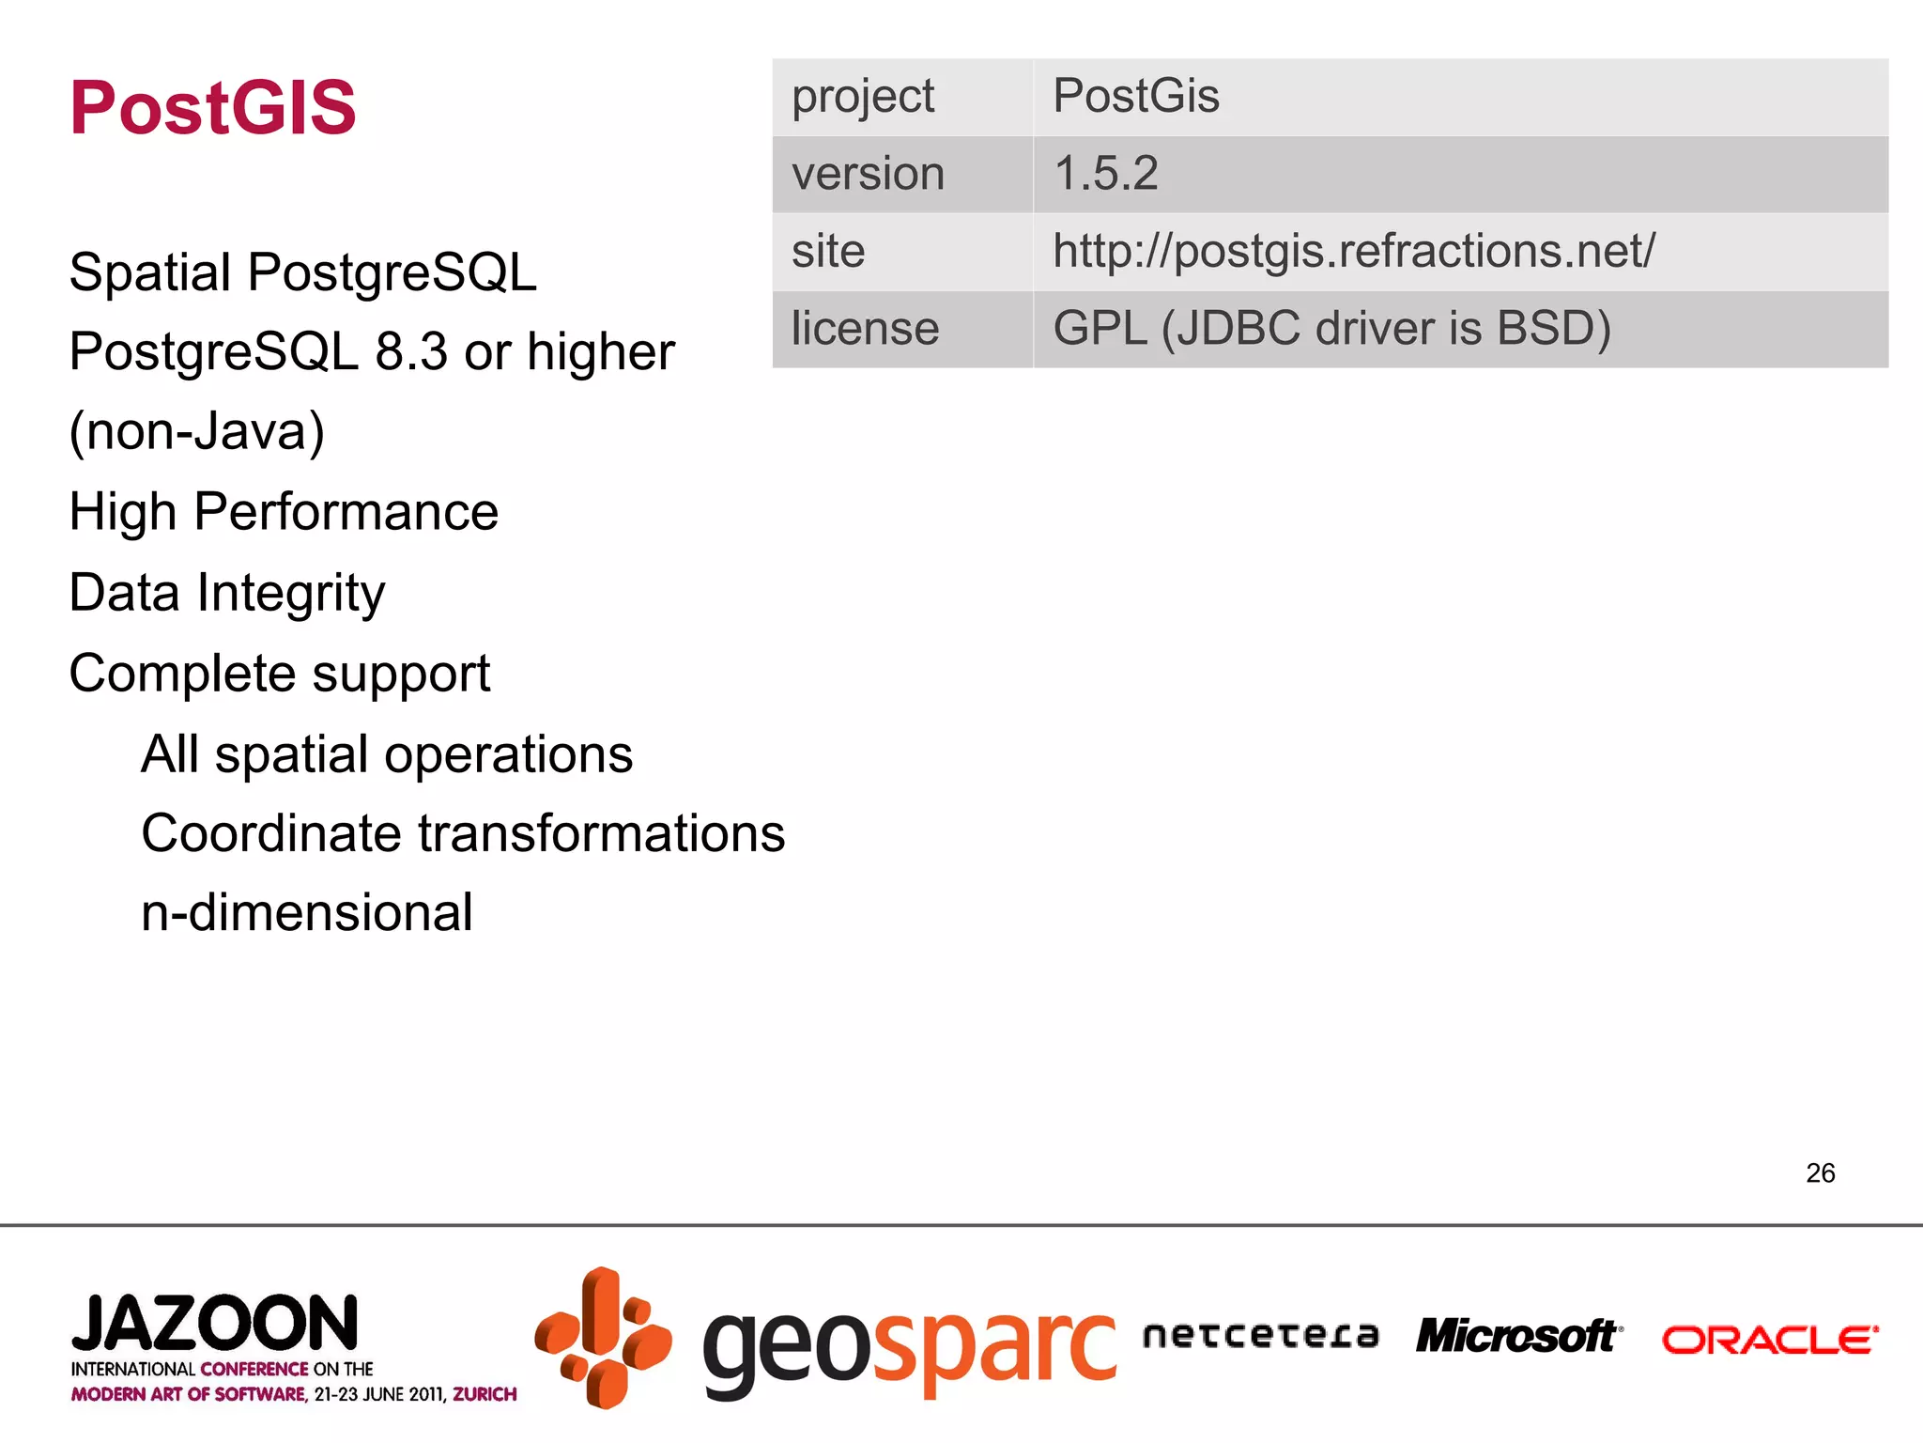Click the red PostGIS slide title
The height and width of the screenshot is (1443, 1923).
(x=213, y=108)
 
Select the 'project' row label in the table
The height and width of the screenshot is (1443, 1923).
(x=863, y=97)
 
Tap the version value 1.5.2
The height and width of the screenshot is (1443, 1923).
(x=1106, y=174)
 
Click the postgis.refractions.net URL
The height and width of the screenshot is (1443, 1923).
(x=1353, y=251)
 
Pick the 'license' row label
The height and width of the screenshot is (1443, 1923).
(x=865, y=329)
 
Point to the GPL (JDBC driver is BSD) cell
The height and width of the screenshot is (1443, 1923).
(x=1331, y=329)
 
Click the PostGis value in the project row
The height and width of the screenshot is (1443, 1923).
(x=1136, y=96)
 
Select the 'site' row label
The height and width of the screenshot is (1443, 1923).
(x=828, y=251)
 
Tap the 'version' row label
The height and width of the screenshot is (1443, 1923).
(x=868, y=174)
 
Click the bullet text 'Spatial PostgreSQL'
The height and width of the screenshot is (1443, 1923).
(x=302, y=272)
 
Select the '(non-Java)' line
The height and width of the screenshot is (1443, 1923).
(x=197, y=431)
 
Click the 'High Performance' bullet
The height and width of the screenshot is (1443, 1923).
(x=284, y=512)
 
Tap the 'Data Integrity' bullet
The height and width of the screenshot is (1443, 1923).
(x=227, y=593)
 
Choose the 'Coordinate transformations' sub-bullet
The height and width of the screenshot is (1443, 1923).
(x=463, y=833)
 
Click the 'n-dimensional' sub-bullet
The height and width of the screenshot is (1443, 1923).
(x=307, y=912)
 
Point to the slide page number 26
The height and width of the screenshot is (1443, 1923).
(x=1820, y=1172)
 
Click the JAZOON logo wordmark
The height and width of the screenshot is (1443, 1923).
(x=215, y=1323)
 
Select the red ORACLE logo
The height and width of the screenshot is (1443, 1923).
(x=1769, y=1340)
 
